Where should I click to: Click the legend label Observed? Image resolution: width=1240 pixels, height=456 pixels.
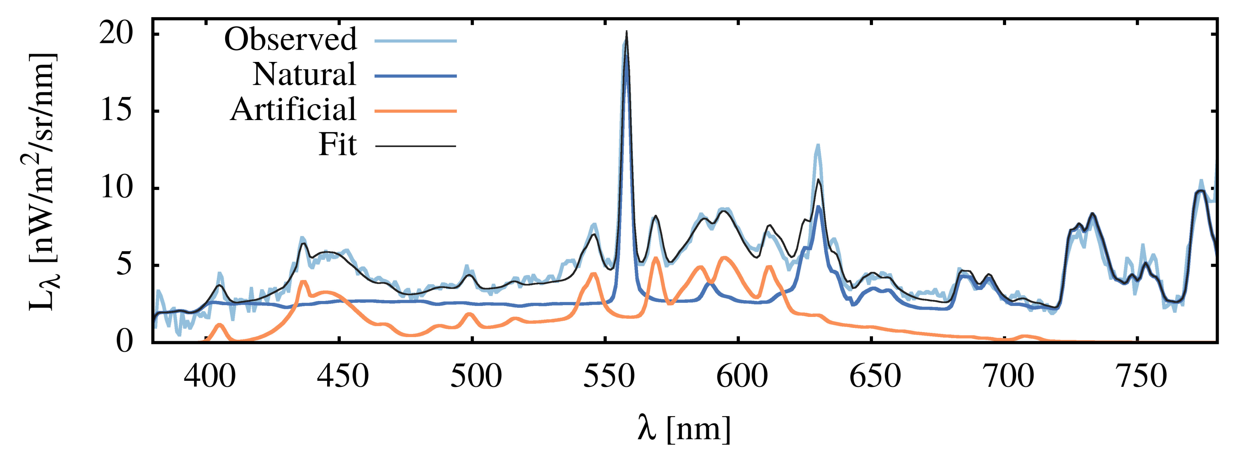(x=291, y=40)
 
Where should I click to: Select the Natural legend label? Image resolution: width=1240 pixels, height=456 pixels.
(x=304, y=74)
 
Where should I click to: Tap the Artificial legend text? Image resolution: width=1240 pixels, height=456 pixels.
(x=293, y=110)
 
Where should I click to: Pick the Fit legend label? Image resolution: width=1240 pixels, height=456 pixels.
(x=337, y=145)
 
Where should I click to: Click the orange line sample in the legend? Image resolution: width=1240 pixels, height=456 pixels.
(x=415, y=111)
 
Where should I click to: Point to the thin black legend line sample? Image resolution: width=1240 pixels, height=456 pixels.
(x=415, y=145)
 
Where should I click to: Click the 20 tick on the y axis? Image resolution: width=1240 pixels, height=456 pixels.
(x=116, y=35)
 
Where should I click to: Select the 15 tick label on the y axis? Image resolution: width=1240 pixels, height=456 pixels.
(x=116, y=111)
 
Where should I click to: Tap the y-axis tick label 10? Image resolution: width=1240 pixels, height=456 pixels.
(x=116, y=188)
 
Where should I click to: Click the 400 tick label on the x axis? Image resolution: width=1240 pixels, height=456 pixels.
(x=210, y=377)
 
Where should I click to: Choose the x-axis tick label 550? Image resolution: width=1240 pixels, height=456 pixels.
(x=609, y=377)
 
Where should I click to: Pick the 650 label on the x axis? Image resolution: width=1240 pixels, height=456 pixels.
(x=874, y=377)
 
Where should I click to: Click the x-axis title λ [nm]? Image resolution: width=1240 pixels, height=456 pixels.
(x=684, y=429)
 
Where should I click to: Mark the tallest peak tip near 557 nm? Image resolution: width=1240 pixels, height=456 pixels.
(x=626, y=32)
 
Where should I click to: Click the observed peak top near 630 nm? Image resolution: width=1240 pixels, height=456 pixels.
(x=817, y=145)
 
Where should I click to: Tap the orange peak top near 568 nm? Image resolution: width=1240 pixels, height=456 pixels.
(x=655, y=258)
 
